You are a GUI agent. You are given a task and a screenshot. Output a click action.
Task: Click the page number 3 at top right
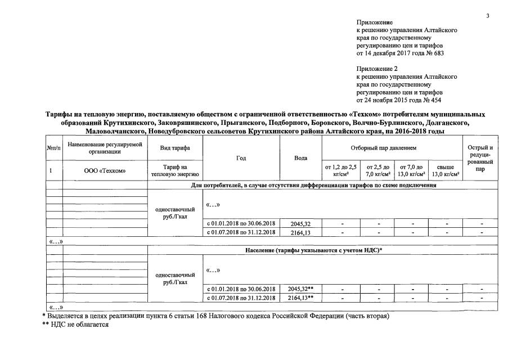click(488, 15)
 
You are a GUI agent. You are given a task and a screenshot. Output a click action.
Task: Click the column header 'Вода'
click(300, 158)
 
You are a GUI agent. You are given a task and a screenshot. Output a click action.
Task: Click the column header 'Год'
click(241, 158)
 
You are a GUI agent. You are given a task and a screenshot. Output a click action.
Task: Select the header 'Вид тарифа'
click(174, 147)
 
